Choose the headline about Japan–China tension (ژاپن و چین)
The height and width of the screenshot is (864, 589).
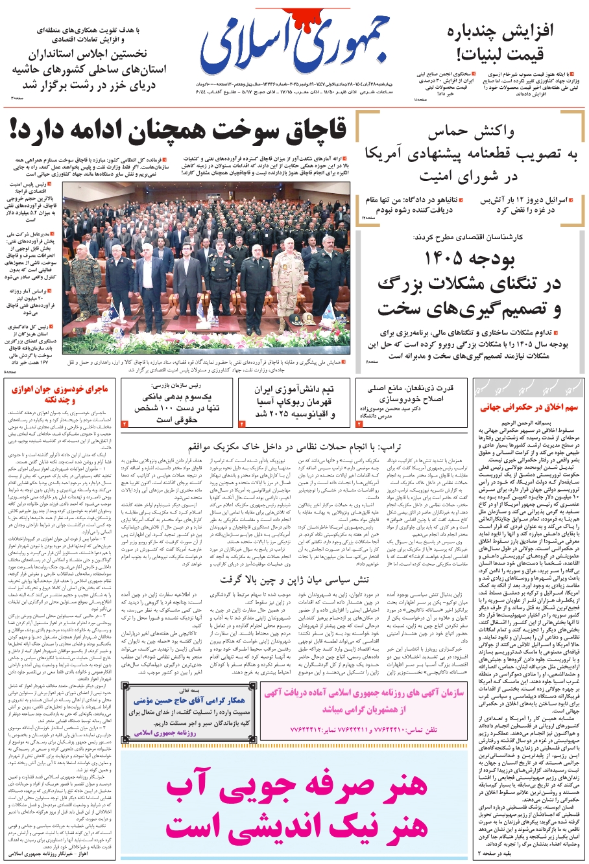click(294, 579)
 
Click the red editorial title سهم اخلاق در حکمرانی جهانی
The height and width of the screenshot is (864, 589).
click(529, 408)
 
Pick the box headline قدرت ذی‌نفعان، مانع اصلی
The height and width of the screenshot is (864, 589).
click(410, 388)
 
